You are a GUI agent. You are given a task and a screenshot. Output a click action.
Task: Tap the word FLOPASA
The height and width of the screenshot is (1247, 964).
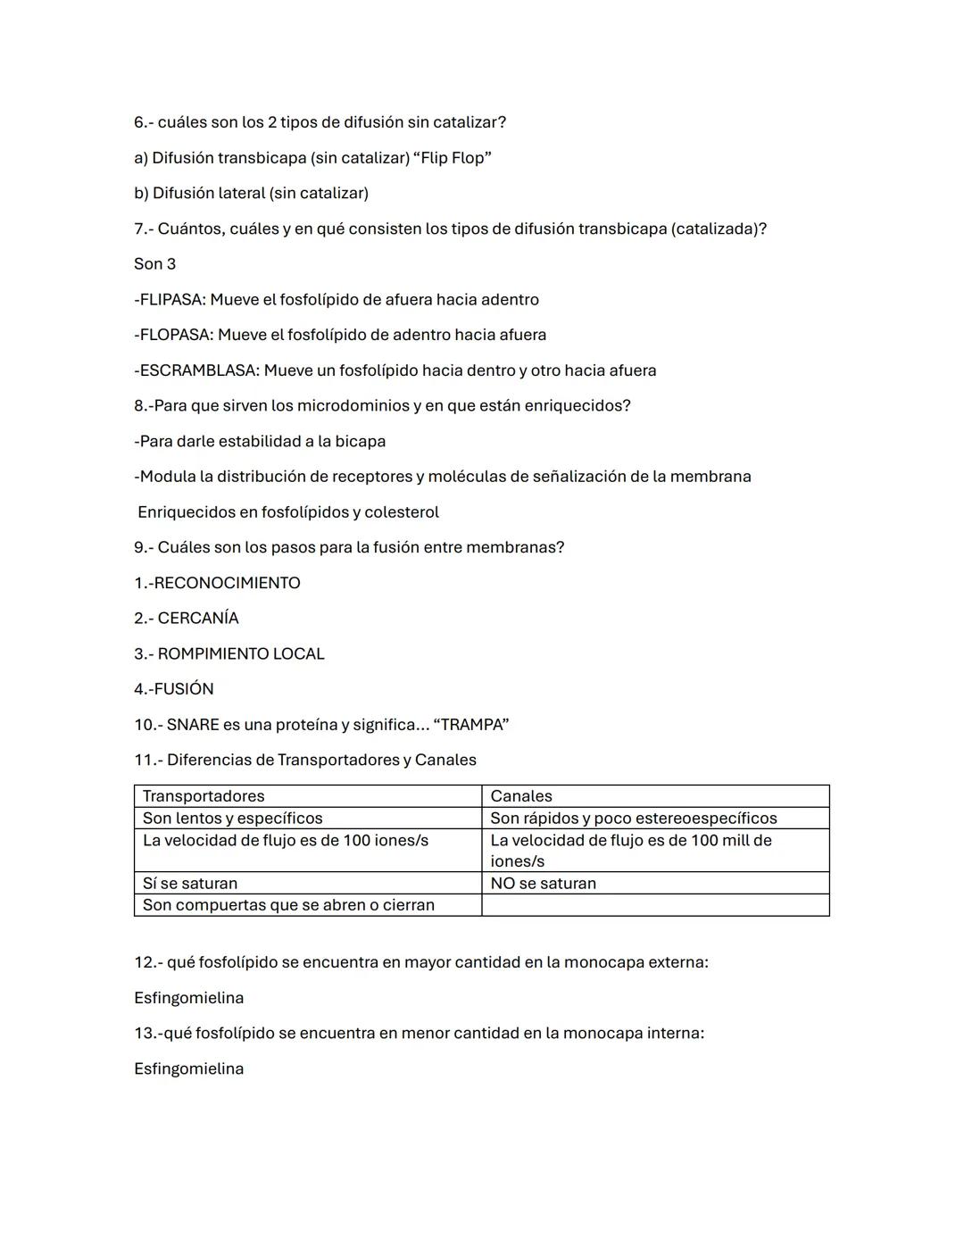176,335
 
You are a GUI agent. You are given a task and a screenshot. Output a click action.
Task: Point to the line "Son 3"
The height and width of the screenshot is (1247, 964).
154,264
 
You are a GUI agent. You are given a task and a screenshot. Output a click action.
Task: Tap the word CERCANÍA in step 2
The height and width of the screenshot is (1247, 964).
198,619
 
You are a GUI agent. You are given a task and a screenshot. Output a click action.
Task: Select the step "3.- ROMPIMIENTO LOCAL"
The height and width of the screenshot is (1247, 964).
229,654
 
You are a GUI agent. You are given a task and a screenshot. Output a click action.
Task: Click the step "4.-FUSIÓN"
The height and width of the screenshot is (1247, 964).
174,689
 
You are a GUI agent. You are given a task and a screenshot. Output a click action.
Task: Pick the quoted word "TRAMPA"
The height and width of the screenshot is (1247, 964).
470,725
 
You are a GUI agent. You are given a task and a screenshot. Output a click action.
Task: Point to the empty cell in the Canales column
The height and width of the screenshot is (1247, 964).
654,905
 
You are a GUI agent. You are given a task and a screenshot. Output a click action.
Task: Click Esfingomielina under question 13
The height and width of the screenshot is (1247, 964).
188,1069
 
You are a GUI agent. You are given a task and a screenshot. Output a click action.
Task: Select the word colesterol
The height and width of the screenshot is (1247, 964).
402,512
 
